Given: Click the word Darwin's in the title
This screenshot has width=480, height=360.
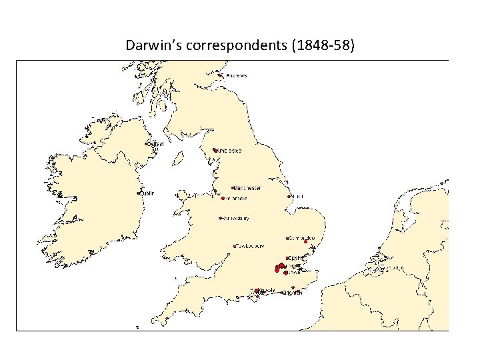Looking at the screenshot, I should point(148,46).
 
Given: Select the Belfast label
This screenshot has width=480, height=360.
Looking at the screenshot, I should point(155,143).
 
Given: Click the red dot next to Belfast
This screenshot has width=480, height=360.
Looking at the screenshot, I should point(146,143).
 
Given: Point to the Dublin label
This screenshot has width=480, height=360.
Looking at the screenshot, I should point(147,193).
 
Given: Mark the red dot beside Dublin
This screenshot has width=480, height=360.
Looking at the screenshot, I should point(139,193).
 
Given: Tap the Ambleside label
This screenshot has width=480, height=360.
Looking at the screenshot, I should point(229,151).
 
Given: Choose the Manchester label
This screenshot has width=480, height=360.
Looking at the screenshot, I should point(247,188).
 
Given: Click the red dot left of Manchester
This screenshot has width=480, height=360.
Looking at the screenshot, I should point(233,188).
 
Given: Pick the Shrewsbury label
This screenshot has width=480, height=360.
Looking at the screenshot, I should point(236,218).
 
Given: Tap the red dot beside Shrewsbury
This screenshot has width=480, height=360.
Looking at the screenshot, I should point(221,218).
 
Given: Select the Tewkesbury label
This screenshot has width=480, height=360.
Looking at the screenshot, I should point(252,246).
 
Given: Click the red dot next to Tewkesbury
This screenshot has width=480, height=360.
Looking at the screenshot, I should point(235,246).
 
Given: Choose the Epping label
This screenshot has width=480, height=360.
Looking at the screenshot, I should point(296,257).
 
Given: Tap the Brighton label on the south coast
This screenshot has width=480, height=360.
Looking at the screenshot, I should point(293,293).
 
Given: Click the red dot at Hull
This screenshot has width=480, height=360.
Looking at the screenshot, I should point(289,197).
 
